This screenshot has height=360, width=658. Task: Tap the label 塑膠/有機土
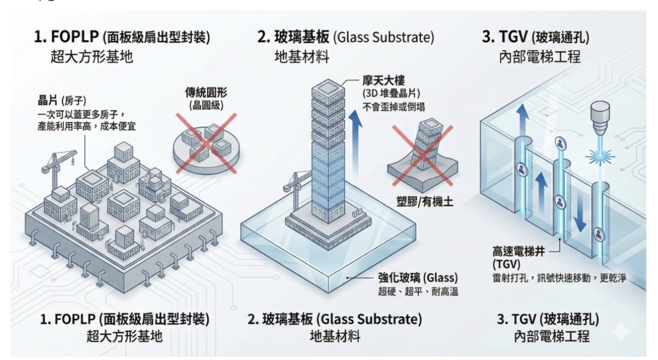tap(424, 201)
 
